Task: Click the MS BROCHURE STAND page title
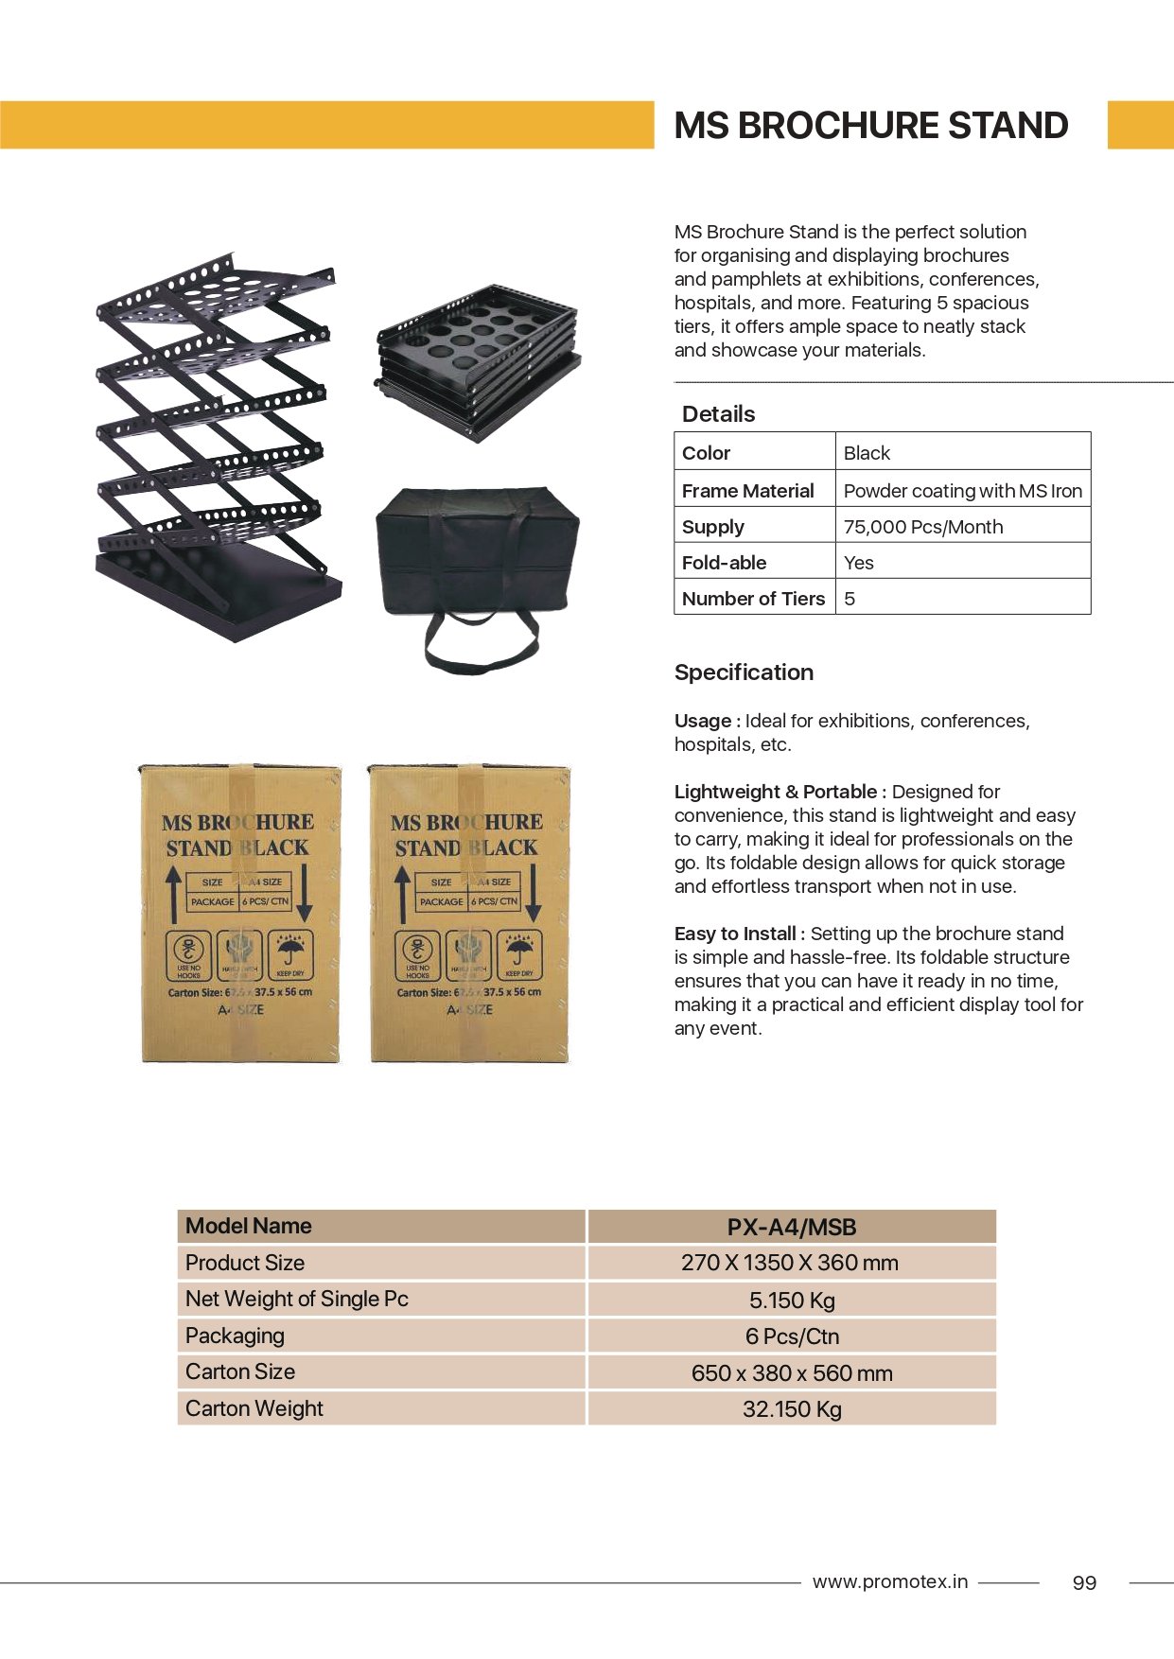pos(870,126)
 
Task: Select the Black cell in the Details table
pos(867,453)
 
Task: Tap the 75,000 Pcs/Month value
pos(922,527)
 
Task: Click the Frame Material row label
pos(747,491)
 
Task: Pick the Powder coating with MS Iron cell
pos(962,491)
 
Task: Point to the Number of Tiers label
pos(753,599)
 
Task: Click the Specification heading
pos(744,672)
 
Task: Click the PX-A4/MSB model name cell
pos(792,1227)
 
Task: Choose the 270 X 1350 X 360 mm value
pos(790,1263)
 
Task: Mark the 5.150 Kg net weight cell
pos(792,1301)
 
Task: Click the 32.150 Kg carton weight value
pos(792,1409)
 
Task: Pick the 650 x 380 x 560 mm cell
pos(792,1373)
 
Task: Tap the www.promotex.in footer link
pos(889,1581)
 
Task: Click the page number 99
pos(1084,1583)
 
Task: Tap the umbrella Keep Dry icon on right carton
pos(518,953)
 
